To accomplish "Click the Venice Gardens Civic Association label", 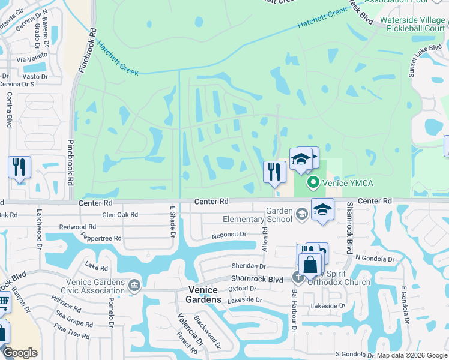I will (x=88, y=286).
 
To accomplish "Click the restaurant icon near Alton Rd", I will (x=274, y=171).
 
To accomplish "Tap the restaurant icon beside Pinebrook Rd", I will (x=19, y=167).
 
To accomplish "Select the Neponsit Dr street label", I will (x=229, y=235).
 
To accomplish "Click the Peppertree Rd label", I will (x=101, y=238).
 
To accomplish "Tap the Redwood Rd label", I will (x=79, y=227).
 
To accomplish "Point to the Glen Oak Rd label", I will (x=120, y=214).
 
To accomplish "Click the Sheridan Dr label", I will (x=248, y=266).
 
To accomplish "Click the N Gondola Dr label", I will (x=375, y=259).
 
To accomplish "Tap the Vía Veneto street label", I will (x=32, y=59).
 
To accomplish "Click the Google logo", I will (x=20, y=353).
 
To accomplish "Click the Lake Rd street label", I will (x=96, y=268).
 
